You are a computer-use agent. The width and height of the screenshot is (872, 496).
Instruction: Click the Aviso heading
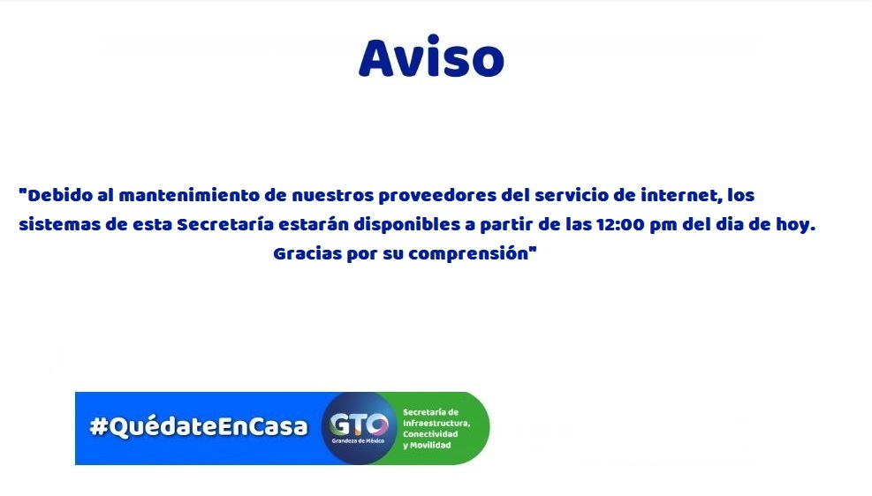click(x=431, y=57)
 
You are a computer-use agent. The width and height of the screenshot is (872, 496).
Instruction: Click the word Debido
click(x=60, y=196)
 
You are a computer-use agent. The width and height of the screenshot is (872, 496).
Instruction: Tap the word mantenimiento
click(x=190, y=196)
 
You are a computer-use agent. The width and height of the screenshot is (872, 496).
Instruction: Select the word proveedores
click(x=437, y=196)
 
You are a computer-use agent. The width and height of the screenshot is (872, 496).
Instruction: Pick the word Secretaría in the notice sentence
click(x=225, y=225)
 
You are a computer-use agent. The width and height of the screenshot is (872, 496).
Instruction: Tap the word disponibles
click(x=406, y=225)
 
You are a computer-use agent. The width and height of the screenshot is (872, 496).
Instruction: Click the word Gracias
click(x=307, y=254)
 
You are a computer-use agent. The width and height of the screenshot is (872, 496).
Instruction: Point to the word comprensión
click(x=469, y=254)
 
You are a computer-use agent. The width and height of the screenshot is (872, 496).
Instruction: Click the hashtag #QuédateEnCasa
click(x=199, y=426)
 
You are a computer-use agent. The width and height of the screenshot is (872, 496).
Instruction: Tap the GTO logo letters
click(x=359, y=425)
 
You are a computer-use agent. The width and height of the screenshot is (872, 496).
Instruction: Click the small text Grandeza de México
click(x=358, y=441)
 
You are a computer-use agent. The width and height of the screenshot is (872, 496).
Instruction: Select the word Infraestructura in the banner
click(x=436, y=424)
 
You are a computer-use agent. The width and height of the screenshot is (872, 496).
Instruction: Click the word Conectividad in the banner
click(x=430, y=434)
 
